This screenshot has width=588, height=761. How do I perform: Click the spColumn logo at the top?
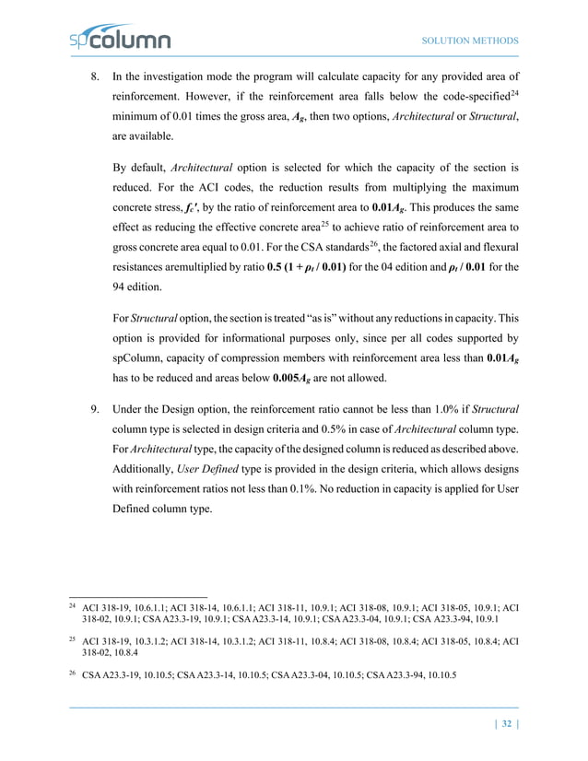click(121, 40)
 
